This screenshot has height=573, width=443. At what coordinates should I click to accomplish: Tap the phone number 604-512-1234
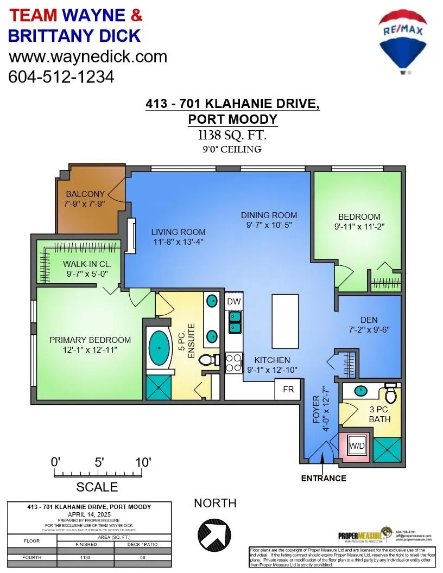tap(61, 77)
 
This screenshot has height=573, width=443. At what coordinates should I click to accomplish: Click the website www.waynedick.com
tap(88, 56)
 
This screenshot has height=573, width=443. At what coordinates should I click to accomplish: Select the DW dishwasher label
tap(233, 302)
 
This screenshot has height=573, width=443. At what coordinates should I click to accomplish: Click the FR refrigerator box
tap(288, 390)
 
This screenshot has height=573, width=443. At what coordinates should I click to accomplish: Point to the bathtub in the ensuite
tap(159, 349)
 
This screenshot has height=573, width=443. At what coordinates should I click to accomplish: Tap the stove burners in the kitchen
tap(233, 362)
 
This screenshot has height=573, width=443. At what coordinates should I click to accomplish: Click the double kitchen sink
tap(235, 322)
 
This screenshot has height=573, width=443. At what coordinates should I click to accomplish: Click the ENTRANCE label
tap(324, 478)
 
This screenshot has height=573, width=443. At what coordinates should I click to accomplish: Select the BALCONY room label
tap(85, 194)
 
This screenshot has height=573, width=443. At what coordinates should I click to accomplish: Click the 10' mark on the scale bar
tap(143, 463)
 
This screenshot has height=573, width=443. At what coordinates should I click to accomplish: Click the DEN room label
tap(369, 320)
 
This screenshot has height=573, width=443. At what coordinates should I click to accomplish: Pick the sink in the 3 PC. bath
tap(359, 390)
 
